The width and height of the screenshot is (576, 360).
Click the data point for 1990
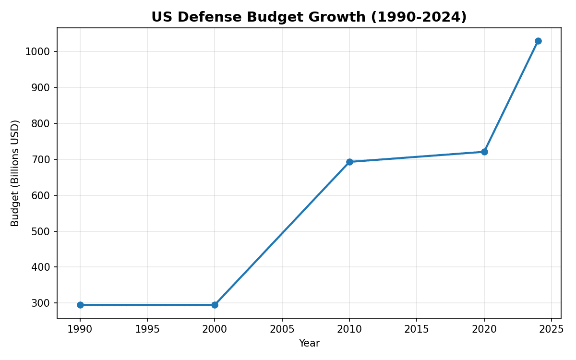(80, 305)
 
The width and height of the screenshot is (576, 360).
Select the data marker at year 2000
(215, 305)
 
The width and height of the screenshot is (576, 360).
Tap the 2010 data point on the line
(349, 162)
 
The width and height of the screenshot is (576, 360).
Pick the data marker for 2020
(484, 152)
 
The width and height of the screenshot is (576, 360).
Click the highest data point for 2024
(538, 41)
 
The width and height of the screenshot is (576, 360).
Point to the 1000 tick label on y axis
(38, 52)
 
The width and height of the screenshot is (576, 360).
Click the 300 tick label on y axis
(41, 303)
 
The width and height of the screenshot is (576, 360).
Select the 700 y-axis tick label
(41, 159)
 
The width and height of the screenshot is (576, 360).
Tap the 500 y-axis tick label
(41, 231)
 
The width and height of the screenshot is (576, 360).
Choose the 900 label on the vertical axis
(41, 88)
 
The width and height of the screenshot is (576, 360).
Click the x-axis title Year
(309, 343)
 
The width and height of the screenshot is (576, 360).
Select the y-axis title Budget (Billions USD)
(15, 173)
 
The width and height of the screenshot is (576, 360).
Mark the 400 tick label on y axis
(41, 267)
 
